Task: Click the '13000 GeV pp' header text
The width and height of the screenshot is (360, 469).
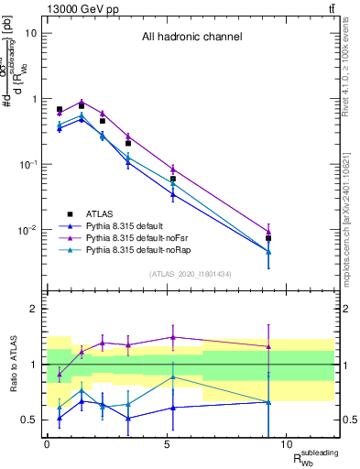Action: click(79, 7)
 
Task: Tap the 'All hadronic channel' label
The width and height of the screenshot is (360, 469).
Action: click(191, 38)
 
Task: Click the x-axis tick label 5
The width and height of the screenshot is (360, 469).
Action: click(167, 444)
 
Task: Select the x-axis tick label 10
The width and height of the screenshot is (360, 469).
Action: click(286, 444)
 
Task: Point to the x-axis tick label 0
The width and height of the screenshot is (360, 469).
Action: click(47, 444)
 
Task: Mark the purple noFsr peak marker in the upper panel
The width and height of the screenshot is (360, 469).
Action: click(82, 102)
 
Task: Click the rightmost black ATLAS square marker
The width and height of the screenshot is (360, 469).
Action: click(268, 238)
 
